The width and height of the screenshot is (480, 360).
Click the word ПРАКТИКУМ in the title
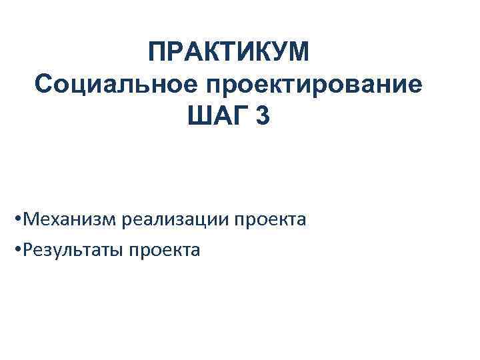229,52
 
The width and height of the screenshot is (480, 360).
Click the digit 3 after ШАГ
263,117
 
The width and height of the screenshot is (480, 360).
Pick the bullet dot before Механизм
16,219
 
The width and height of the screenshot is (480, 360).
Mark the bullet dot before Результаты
16,251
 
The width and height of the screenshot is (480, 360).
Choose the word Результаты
72,251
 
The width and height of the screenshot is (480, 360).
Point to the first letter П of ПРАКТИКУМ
157,52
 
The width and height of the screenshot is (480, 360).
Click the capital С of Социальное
42,85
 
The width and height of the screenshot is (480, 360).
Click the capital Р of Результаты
27,251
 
